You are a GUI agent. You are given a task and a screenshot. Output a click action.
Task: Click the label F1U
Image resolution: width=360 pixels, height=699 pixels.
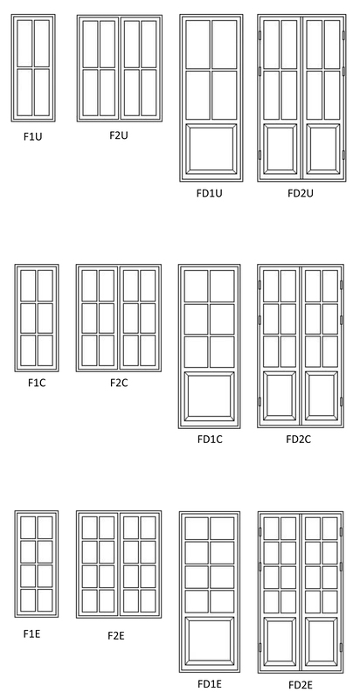tap(32, 136)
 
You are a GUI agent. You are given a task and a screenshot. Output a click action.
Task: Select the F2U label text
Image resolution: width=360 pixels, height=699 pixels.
tap(119, 135)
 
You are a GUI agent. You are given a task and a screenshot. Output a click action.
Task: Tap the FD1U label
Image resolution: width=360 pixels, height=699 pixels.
tap(210, 193)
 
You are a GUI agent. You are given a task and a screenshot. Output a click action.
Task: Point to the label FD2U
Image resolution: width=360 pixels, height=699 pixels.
tap(301, 193)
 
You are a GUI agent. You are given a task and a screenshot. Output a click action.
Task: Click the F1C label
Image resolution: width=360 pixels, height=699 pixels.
tap(37, 383)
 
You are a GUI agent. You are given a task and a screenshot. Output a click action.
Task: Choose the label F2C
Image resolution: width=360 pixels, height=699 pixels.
tap(119, 383)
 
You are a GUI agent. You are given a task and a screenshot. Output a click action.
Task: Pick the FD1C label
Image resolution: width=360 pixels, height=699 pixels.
tap(210, 439)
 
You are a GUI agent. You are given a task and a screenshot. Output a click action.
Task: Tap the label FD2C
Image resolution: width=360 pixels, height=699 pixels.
tap(299, 439)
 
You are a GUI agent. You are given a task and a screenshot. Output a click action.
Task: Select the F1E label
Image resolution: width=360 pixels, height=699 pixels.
tap(31, 633)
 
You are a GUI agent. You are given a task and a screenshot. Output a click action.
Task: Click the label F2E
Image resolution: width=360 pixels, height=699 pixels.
tap(116, 636)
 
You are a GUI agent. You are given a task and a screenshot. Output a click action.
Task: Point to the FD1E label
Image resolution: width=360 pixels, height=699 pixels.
tap(210, 684)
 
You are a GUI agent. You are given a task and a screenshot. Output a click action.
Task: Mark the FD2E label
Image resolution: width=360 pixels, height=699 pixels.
tap(301, 685)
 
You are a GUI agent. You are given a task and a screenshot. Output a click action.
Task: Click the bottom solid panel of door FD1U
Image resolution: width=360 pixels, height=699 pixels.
tap(211, 149)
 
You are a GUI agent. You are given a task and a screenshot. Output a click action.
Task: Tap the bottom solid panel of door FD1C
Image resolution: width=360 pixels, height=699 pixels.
tap(210, 396)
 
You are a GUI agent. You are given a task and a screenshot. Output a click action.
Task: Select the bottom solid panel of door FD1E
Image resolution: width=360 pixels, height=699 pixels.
tap(210, 641)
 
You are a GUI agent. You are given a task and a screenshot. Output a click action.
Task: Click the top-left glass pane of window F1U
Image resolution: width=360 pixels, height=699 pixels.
tap(25, 42)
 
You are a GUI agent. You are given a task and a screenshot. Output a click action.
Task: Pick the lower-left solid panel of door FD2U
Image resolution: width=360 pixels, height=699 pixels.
tap(280, 149)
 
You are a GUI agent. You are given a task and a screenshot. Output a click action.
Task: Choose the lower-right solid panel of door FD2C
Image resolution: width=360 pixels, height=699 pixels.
tap(322, 396)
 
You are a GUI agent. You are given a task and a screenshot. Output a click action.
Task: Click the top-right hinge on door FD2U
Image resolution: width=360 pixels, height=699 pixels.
tap(343, 35)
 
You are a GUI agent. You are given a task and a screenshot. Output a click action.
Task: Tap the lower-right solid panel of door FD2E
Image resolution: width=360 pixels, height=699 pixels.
tap(322, 641)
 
